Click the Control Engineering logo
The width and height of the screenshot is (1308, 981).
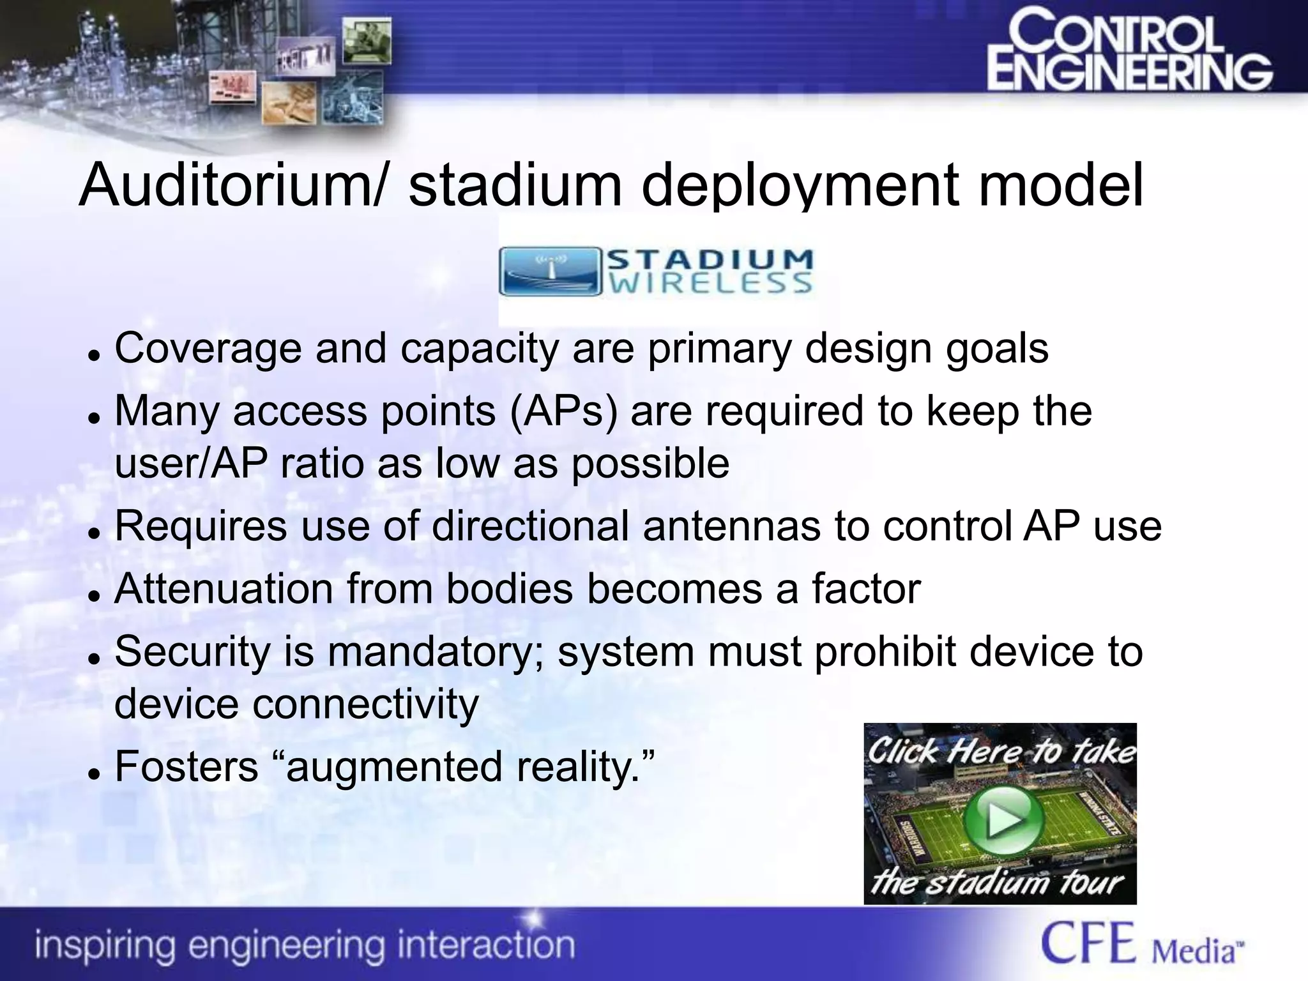1129,59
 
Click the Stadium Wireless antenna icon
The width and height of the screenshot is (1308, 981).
550,271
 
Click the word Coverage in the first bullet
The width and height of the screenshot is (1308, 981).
208,349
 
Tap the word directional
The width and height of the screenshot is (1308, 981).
530,526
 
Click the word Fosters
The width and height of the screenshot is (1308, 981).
186,766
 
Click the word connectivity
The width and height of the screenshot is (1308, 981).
365,704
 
